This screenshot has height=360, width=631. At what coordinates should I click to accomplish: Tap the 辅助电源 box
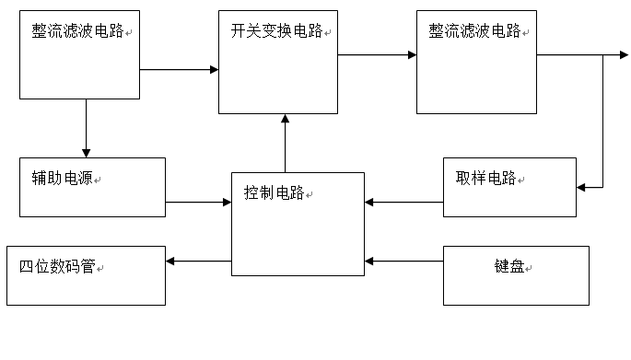pos(92,187)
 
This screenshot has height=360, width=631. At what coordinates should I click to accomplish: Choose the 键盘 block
pos(515,275)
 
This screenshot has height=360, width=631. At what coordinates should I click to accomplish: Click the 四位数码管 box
pos(87,275)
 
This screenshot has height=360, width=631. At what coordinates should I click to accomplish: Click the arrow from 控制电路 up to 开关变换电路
pos(285,143)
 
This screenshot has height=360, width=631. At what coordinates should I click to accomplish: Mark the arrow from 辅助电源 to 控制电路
pos(198,202)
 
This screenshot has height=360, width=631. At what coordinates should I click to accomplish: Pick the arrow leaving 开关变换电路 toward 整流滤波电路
pos(377,55)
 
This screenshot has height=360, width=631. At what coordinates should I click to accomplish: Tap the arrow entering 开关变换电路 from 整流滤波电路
pos(179,69)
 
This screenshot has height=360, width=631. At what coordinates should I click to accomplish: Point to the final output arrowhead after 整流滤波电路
pos(624,55)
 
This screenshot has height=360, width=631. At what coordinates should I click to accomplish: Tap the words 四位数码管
pos(57,268)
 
